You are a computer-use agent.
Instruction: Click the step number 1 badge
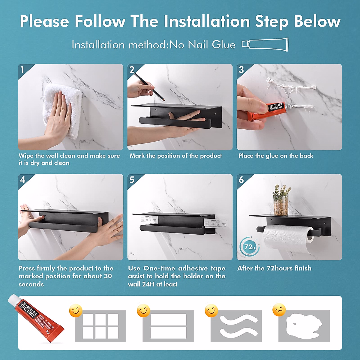coord(22,70)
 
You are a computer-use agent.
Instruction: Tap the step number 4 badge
coord(22,180)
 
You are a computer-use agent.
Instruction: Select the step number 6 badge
coord(241,180)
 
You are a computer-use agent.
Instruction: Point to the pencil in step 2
coord(149,87)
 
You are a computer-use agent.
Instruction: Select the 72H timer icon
coord(249,247)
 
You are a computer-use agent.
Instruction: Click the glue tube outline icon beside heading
coord(265,45)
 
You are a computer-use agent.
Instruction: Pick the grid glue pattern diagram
coord(100,326)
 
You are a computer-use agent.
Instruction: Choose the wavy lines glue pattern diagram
coord(236,326)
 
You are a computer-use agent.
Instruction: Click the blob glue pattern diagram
coord(304,326)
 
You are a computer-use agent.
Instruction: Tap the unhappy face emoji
coord(279,310)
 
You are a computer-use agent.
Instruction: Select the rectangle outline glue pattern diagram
coord(168,326)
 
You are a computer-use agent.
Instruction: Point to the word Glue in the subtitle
coord(223,45)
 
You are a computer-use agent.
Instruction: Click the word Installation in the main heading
coord(207,22)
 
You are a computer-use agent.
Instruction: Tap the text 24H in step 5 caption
coord(148,284)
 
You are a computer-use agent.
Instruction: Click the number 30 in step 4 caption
coord(108,276)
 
